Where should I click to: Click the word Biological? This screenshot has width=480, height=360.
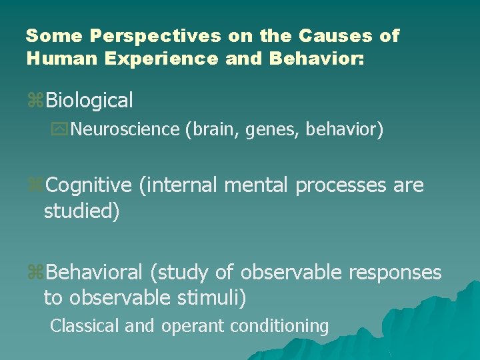click(x=89, y=101)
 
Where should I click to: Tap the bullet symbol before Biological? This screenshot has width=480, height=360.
click(x=35, y=101)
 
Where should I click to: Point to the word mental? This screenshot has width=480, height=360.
click(x=257, y=185)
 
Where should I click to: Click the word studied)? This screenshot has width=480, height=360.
click(x=81, y=211)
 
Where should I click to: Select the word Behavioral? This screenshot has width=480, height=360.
click(x=94, y=273)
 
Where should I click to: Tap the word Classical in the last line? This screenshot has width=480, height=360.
click(x=83, y=326)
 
